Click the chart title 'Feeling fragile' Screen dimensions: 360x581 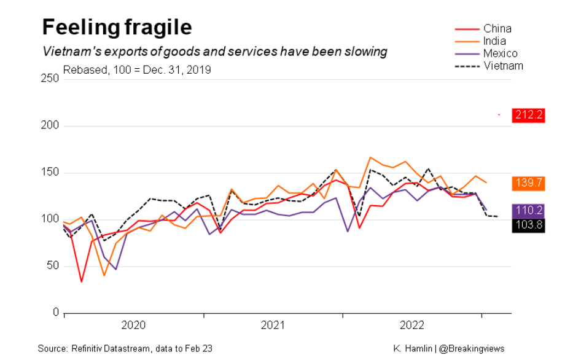[x=117, y=28]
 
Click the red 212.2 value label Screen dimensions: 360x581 [x=529, y=115]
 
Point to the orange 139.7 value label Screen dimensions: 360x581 [x=529, y=183]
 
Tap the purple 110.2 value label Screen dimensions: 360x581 [x=529, y=211]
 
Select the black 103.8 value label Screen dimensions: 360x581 [x=529, y=225]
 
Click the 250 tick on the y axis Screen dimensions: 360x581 [x=51, y=79]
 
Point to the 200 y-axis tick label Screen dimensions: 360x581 [x=51, y=126]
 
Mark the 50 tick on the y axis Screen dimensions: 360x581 [x=53, y=266]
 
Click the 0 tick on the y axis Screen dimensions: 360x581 [x=56, y=313]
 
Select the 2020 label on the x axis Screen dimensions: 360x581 [x=133, y=324]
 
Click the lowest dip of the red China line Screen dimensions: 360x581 [x=82, y=282]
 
